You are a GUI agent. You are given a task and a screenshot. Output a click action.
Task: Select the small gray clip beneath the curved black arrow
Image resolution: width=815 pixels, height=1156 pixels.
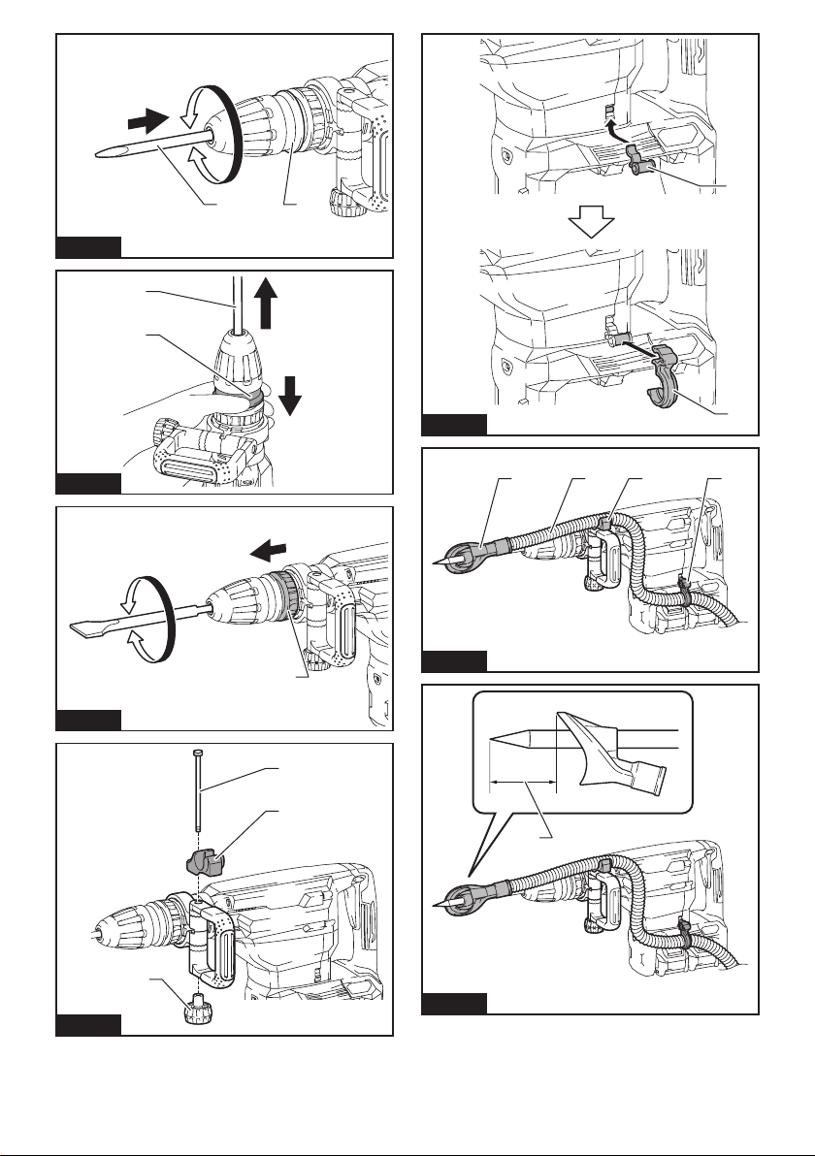(636, 159)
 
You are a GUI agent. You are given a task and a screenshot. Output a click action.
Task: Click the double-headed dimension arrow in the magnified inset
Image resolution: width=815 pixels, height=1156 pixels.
(523, 779)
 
